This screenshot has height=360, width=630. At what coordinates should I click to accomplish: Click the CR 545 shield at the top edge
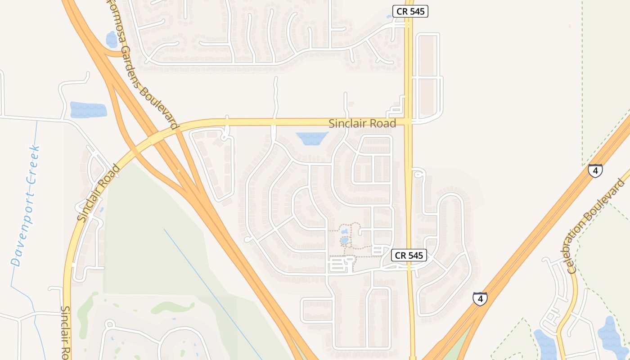410,12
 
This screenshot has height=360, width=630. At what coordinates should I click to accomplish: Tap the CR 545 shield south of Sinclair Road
409,256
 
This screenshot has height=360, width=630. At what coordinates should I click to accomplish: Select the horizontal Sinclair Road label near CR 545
362,123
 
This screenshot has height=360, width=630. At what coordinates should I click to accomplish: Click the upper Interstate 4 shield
595,171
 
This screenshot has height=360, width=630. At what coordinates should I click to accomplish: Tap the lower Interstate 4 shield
480,298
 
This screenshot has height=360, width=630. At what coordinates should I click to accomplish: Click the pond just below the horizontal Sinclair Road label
312,138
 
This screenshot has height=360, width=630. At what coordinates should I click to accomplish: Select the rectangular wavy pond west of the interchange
88,110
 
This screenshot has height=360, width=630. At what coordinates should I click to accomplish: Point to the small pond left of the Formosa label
112,40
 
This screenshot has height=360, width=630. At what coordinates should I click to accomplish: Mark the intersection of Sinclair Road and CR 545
409,121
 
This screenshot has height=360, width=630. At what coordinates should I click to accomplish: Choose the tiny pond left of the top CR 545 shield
389,17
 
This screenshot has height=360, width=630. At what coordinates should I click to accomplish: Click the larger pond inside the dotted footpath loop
344,240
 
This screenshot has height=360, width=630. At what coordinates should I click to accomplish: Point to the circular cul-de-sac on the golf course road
109,324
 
